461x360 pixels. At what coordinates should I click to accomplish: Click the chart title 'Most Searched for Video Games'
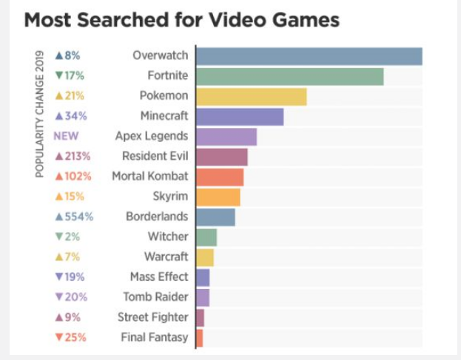click(182, 20)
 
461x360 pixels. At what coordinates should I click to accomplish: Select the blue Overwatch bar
click(309, 56)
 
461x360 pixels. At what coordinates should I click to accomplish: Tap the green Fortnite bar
click(290, 76)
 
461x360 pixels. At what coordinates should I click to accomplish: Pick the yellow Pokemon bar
click(252, 96)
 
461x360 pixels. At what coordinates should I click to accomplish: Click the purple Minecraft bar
click(240, 117)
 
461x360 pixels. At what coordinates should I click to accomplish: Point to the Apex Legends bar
click(226, 137)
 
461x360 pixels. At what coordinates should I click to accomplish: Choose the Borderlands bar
click(215, 217)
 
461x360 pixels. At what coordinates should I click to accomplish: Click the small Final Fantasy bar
click(199, 338)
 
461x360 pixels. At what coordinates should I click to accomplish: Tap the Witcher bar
click(206, 237)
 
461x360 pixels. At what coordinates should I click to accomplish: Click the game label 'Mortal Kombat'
click(150, 177)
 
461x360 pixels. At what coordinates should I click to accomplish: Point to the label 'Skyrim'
click(171, 197)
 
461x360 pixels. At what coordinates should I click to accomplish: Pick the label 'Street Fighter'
click(153, 318)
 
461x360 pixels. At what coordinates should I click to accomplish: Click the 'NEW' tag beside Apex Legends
click(66, 136)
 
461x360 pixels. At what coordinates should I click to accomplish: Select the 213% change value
click(73, 156)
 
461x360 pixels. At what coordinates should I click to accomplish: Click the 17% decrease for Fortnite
click(70, 75)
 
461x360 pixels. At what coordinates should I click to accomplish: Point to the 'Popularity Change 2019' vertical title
click(40, 114)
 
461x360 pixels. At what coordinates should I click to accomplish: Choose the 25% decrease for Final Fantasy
click(70, 338)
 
